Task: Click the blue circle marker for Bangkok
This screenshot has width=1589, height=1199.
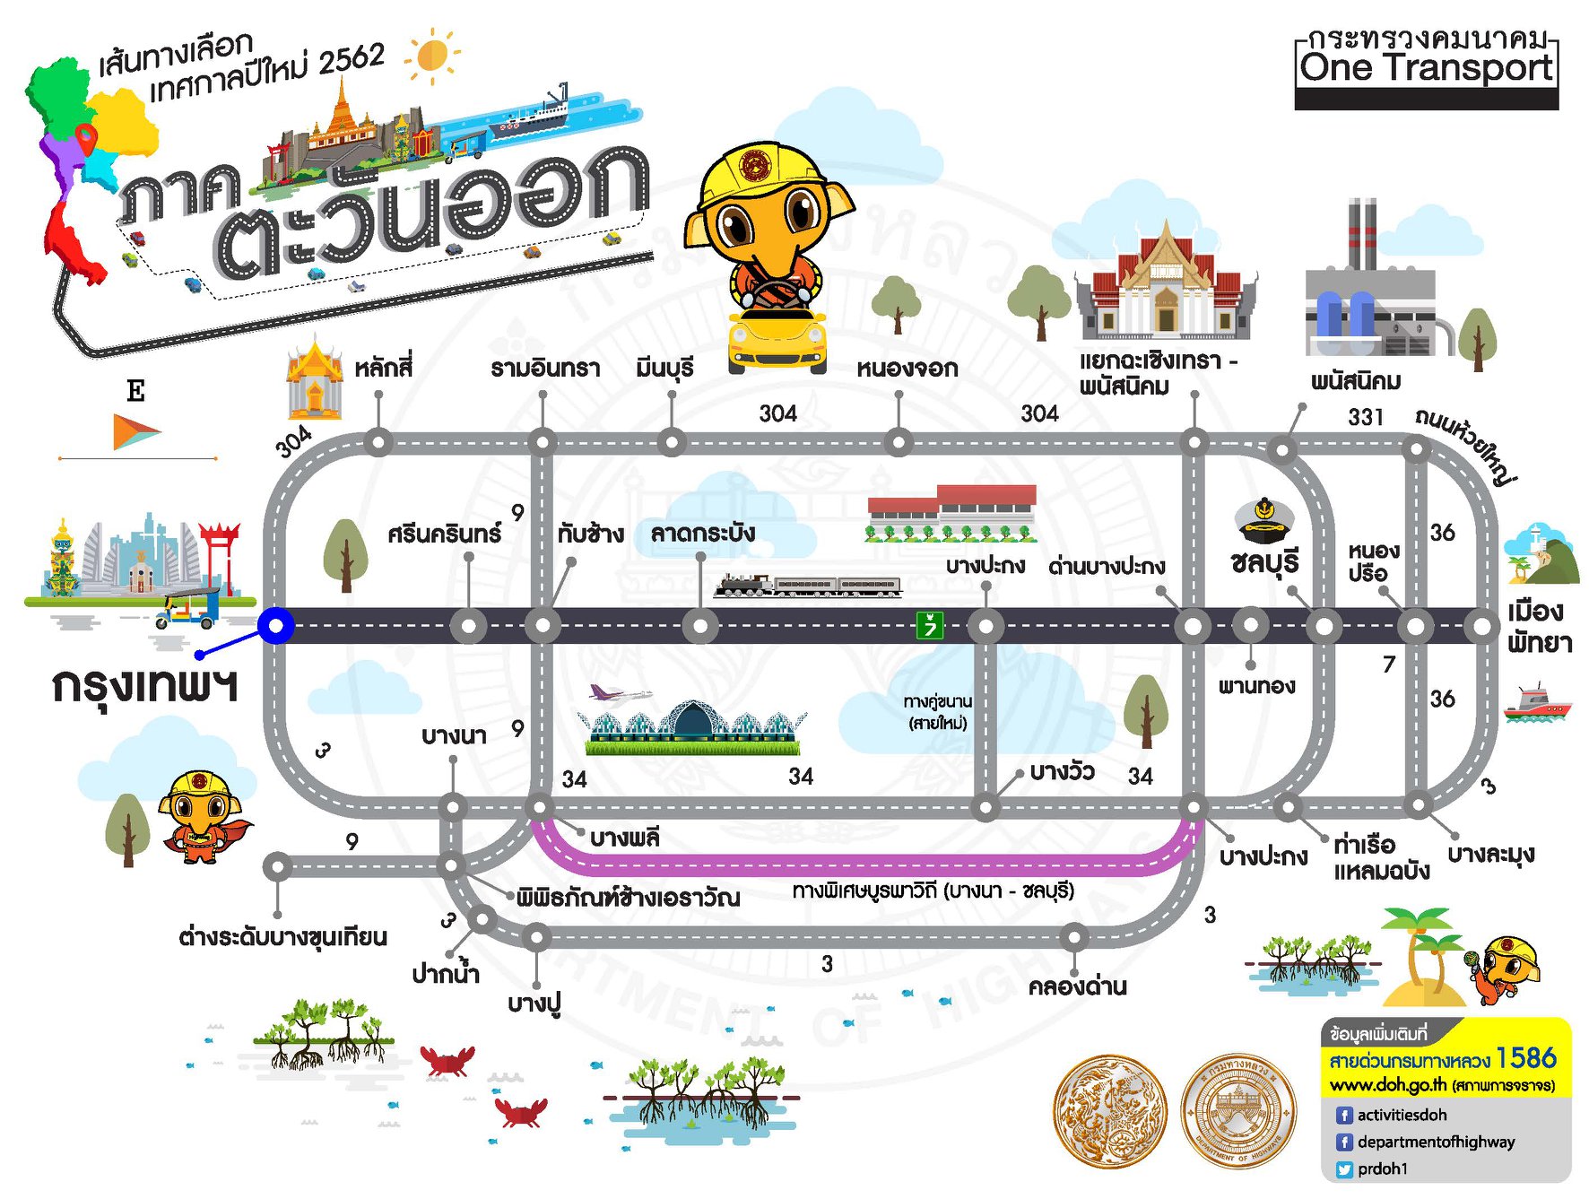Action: coord(276,625)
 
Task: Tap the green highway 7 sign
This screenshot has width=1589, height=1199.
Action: coord(929,624)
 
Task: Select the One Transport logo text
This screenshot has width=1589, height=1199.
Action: coord(1426,67)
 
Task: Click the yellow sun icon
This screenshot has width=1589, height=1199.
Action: coord(432,55)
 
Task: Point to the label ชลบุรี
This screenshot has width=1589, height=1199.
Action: coord(1264,563)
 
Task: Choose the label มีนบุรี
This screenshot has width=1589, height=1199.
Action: coord(664,369)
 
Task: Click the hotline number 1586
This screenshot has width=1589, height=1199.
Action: coord(1525,1058)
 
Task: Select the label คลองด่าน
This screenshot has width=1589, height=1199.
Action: coord(1077,986)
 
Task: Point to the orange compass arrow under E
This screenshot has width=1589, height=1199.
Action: coord(135,431)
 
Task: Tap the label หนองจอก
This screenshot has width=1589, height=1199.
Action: coord(907,369)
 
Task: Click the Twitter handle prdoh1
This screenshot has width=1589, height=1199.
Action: coord(1382,1169)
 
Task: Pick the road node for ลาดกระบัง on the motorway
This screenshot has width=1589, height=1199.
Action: coord(699,626)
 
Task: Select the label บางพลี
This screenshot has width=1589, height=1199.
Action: coord(624,838)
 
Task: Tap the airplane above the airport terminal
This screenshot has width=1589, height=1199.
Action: coord(619,693)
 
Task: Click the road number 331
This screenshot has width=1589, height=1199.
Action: coord(1365,417)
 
